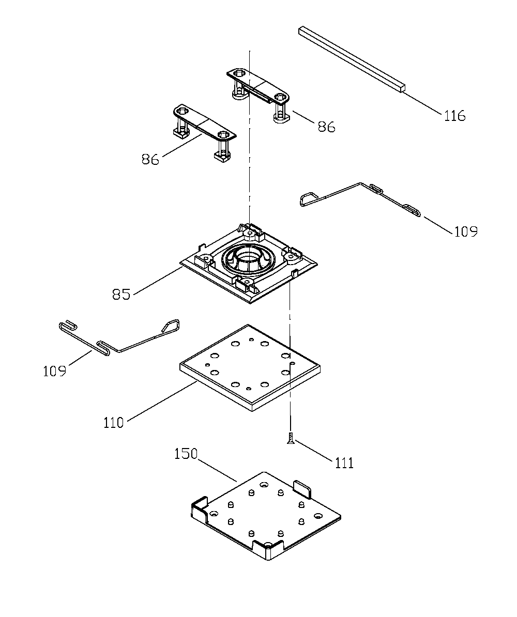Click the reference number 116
(455, 116)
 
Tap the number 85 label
(121, 295)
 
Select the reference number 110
(113, 423)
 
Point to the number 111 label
(344, 463)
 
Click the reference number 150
(186, 454)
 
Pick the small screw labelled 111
(290, 438)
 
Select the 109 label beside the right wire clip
(466, 232)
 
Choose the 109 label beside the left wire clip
(54, 371)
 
